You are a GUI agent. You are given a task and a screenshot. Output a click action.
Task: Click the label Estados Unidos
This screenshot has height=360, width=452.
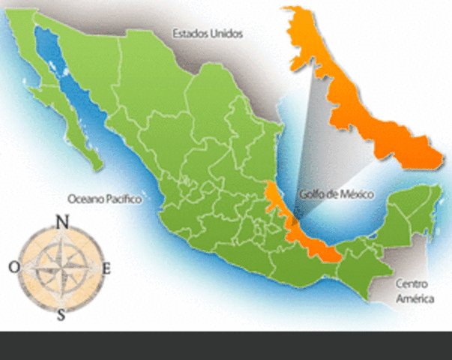pyautogui.click(x=208, y=34)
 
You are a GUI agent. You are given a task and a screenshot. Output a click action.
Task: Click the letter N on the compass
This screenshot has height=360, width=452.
pyautogui.click(x=62, y=221)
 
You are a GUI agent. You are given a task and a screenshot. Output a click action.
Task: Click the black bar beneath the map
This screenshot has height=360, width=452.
pyautogui.click(x=226, y=345)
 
